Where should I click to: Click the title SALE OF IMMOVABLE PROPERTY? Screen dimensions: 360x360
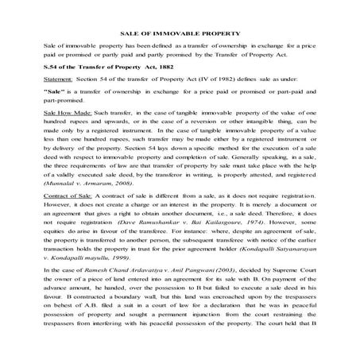tap(180, 34)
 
